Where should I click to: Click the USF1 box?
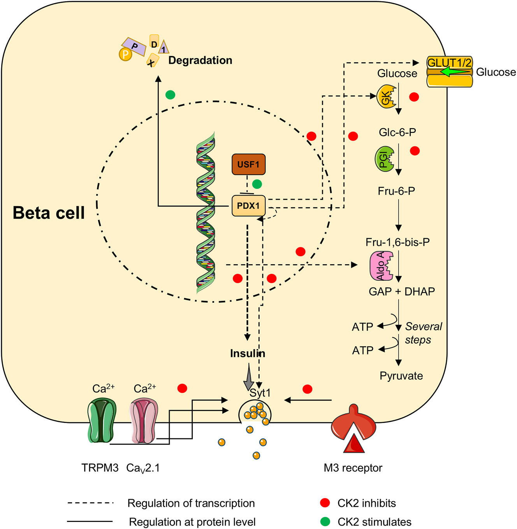click(248, 164)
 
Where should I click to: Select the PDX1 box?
click(248, 206)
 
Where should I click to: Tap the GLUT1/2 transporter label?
click(449, 62)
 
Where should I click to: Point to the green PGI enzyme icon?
click(384, 159)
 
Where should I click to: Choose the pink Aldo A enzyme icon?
click(381, 266)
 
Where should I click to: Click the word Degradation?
click(200, 60)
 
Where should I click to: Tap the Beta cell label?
click(49, 213)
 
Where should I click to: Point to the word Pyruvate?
click(401, 376)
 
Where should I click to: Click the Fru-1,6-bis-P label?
click(397, 242)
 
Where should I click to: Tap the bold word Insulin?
click(248, 353)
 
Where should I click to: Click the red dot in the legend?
click(325, 503)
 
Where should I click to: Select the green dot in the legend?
click(325, 522)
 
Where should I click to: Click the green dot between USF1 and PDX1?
click(257, 184)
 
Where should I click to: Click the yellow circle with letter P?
click(125, 55)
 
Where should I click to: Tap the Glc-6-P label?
click(397, 132)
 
